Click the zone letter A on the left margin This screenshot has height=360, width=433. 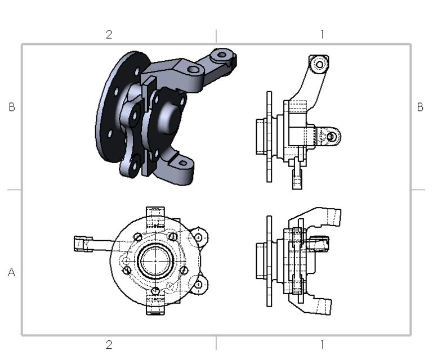[x=11, y=272]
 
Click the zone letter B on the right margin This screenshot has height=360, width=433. [x=420, y=107]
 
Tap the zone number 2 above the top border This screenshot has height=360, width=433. [x=109, y=34]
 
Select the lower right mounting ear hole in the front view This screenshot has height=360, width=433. [x=199, y=285]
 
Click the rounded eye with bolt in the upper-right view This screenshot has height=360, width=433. [x=332, y=136]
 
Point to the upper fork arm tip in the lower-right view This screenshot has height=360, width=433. [x=333, y=214]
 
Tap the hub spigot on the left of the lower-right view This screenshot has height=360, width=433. [x=260, y=261]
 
